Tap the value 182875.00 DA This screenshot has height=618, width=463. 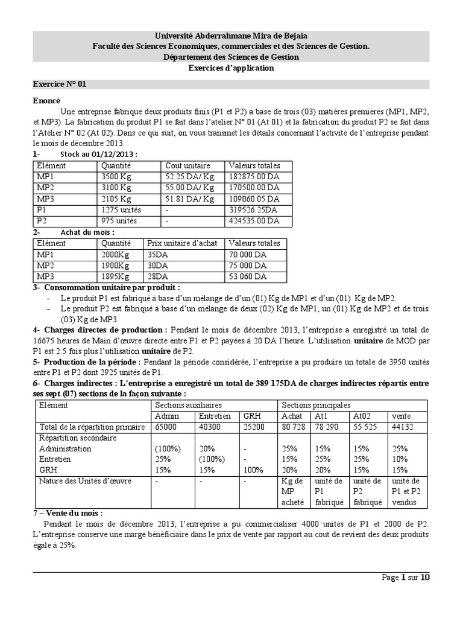click(254, 177)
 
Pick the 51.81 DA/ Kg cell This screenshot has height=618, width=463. click(189, 199)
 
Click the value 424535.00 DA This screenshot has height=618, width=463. click(254, 220)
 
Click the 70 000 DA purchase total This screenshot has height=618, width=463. click(247, 255)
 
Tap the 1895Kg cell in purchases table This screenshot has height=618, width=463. click(116, 276)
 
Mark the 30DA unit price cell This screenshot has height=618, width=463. click(156, 266)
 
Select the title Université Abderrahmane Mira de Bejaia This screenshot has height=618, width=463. click(231, 36)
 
